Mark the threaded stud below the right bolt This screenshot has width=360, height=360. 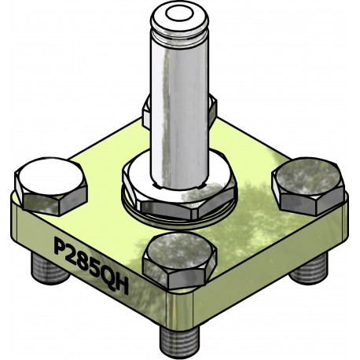coord(307,269)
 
